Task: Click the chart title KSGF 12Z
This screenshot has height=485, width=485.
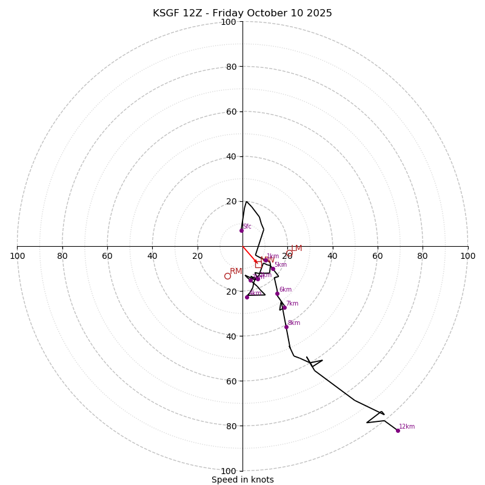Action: tap(242, 13)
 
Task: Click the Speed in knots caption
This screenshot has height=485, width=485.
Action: tap(242, 480)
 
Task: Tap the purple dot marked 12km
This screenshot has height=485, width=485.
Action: tap(398, 430)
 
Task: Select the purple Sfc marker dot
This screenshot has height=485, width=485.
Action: tap(241, 230)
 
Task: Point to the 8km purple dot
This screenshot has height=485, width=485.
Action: tap(287, 327)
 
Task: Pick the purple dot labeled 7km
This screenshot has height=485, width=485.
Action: tap(284, 307)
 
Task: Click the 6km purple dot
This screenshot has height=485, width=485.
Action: tap(277, 293)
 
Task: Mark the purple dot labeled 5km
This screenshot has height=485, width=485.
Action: tap(273, 269)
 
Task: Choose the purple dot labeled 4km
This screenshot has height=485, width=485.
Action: tap(247, 297)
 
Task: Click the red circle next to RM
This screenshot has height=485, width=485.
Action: tap(227, 276)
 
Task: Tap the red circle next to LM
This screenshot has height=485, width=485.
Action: tap(289, 253)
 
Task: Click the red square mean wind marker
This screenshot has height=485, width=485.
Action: tap(258, 264)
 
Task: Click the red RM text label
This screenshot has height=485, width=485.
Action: tap(236, 271)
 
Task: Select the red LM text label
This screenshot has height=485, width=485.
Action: tap(296, 248)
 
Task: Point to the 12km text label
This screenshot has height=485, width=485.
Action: tap(407, 426)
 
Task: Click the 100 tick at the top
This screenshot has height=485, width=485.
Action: tap(229, 22)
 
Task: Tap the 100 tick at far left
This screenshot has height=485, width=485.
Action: tap(17, 256)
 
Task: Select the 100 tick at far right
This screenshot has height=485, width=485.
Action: tap(467, 256)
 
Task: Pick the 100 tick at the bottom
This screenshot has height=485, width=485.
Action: tap(229, 470)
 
